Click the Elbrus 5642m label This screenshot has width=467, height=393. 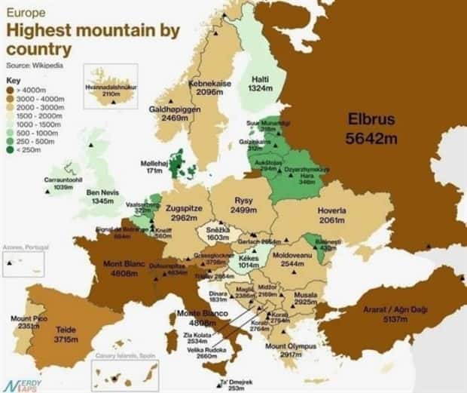click(x=371, y=127)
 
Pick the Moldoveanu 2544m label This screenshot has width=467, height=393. click(x=298, y=260)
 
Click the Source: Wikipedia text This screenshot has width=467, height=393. click(x=35, y=66)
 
